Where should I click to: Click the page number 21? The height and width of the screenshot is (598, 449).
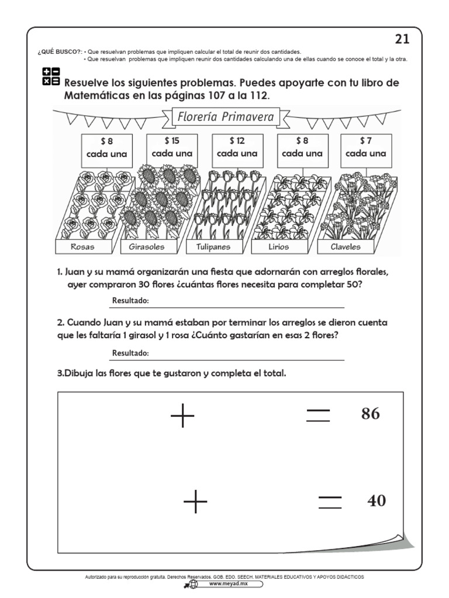coord(402,39)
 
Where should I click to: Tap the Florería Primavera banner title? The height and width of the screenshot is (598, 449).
coord(225,117)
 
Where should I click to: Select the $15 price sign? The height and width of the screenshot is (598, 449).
coord(171,148)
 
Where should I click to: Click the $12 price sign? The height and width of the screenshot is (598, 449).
coord(237,148)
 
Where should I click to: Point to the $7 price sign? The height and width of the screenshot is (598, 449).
coord(365,148)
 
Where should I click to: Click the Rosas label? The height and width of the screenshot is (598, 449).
coord(82,246)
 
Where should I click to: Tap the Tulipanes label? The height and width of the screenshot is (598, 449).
coord(212,246)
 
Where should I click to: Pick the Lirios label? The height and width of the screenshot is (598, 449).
coord(278,246)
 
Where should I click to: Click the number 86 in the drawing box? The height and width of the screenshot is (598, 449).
coord(371,414)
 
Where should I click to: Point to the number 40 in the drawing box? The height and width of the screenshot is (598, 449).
coord(377,500)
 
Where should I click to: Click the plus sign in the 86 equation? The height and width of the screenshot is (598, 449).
coord(182,415)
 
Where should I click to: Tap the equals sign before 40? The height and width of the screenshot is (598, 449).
coord(330,502)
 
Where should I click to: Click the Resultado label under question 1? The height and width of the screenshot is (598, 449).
coord(130,301)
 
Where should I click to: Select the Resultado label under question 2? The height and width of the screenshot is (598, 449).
coord(130,354)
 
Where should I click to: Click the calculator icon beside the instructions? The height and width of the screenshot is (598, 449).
coord(51,77)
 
